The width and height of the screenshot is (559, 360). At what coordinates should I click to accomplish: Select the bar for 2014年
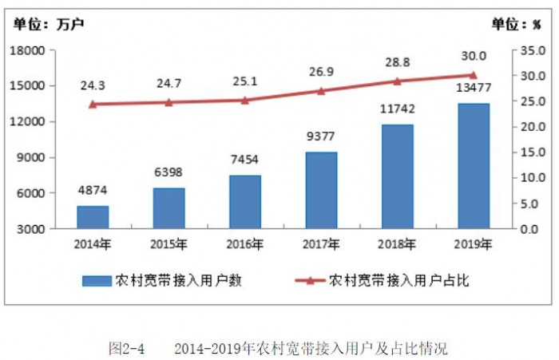click(x=93, y=217)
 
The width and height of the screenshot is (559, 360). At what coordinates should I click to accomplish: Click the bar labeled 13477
click(x=474, y=166)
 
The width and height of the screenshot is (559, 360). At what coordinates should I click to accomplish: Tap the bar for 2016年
click(x=245, y=202)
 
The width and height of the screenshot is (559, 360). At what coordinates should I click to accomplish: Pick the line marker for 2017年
click(x=321, y=91)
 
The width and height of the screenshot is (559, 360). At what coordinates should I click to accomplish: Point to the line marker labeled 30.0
click(x=474, y=75)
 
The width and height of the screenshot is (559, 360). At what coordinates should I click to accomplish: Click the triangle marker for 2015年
click(x=168, y=102)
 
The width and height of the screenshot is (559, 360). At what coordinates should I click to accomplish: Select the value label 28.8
click(x=397, y=61)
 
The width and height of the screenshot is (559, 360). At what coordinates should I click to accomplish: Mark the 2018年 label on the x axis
click(x=397, y=244)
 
